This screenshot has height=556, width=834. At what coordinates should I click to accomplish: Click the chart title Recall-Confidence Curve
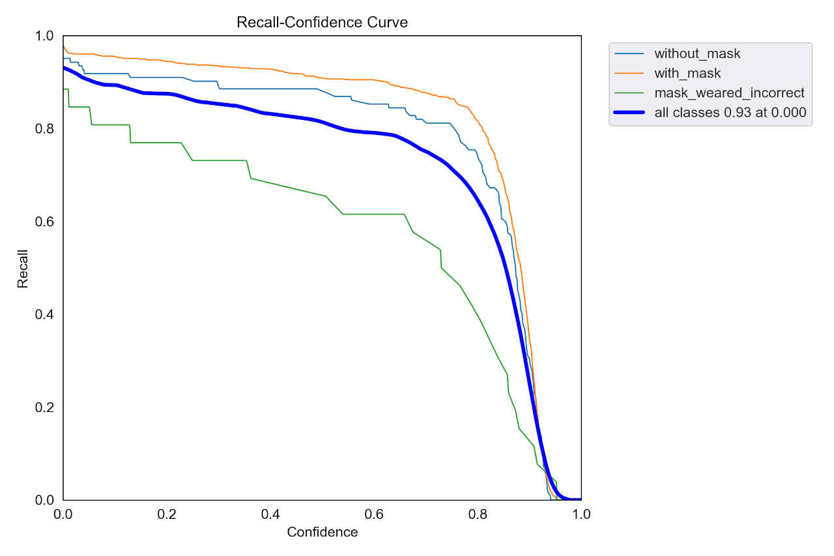click(x=322, y=22)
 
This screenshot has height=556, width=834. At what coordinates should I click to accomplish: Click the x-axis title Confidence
click(x=322, y=532)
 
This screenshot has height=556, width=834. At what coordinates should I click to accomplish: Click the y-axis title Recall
click(x=23, y=268)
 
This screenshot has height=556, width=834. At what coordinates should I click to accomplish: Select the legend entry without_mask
click(x=697, y=53)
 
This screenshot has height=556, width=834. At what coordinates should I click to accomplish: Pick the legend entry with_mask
click(x=687, y=73)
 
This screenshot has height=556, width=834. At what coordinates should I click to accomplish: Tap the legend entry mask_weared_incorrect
click(x=729, y=93)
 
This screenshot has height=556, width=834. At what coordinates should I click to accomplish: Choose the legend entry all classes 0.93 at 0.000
click(x=730, y=112)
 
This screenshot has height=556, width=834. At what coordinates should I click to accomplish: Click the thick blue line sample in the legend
click(x=631, y=112)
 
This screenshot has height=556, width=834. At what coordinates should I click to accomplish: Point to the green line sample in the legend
click(x=631, y=93)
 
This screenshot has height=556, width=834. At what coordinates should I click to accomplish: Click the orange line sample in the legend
click(x=631, y=73)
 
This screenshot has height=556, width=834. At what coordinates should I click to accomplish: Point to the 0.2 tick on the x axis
click(x=167, y=514)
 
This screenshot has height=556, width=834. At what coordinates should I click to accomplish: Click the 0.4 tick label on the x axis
click(x=270, y=514)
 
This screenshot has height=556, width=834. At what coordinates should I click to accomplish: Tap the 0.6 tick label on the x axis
click(x=374, y=514)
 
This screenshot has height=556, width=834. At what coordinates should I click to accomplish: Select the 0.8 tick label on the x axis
click(x=478, y=514)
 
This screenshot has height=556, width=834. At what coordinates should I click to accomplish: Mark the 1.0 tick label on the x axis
click(x=581, y=514)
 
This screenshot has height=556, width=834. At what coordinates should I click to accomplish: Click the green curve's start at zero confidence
click(x=64, y=89)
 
